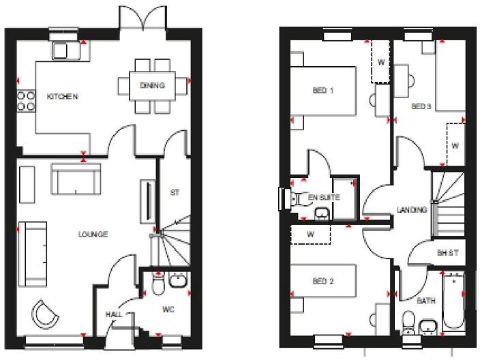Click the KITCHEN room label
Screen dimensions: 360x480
62,97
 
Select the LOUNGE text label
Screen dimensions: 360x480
93,235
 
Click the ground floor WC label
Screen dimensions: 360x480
168,310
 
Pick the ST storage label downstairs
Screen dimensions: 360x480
175,193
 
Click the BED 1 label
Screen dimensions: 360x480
323,90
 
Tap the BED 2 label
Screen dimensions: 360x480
323,281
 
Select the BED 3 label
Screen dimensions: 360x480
421,107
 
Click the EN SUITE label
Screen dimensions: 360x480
323,197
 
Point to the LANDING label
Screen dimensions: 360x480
412,210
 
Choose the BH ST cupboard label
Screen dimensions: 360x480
447,253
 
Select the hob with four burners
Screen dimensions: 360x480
26,101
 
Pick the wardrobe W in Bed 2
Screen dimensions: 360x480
310,234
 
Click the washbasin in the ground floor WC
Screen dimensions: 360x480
178,280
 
